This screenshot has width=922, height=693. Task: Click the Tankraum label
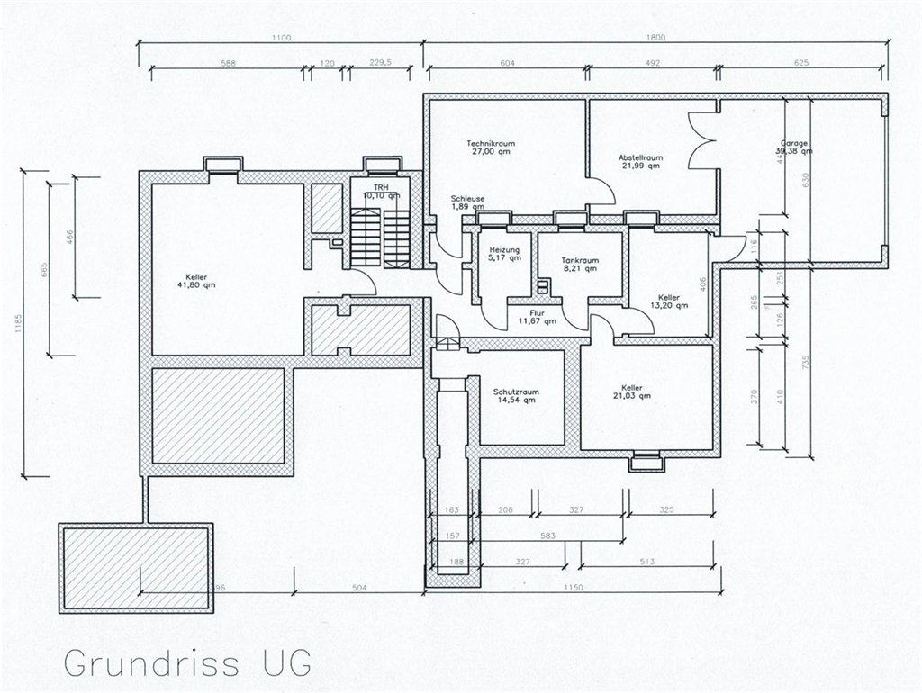581,260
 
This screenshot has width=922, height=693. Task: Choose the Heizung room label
504,249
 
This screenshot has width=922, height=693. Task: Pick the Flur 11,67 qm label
537,315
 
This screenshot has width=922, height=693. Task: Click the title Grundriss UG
187,661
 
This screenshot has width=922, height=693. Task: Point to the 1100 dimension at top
281,37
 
